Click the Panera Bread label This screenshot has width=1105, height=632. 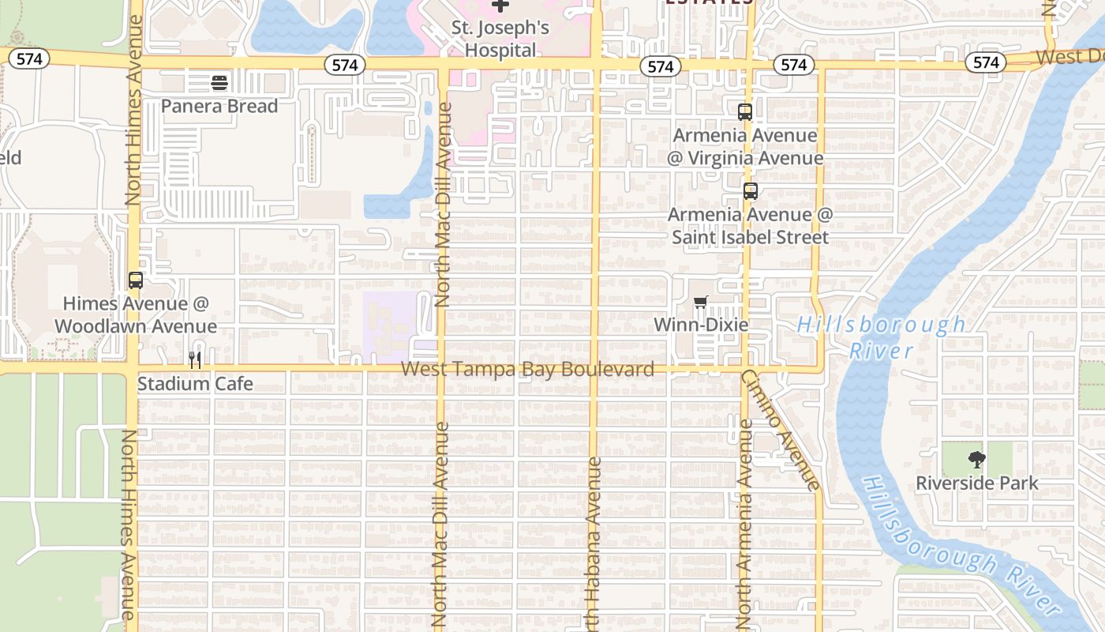click(x=219, y=106)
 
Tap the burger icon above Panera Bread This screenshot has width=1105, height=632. click(x=219, y=82)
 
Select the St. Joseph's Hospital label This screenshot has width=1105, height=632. click(x=500, y=39)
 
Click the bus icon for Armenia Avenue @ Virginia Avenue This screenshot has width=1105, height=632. click(x=744, y=112)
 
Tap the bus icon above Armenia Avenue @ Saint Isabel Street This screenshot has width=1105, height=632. click(x=750, y=191)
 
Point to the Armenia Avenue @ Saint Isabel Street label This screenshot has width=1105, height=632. click(x=750, y=226)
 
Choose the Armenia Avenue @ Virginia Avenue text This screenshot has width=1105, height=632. click(x=744, y=147)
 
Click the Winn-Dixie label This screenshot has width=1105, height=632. click(x=701, y=325)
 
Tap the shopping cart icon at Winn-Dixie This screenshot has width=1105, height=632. click(x=700, y=303)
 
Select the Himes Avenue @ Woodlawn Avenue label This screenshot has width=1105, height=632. click(x=135, y=314)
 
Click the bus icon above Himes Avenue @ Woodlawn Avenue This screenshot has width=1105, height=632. click(x=135, y=280)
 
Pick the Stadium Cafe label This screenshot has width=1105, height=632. click(x=195, y=384)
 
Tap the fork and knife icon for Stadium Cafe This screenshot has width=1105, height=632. click(x=195, y=360)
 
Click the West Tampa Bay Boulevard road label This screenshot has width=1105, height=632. click(x=527, y=369)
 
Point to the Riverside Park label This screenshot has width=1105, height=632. click(x=977, y=483)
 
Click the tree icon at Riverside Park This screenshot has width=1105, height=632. click(x=977, y=460)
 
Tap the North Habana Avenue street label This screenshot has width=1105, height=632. click(x=594, y=545)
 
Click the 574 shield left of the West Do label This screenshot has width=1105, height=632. click(x=986, y=62)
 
